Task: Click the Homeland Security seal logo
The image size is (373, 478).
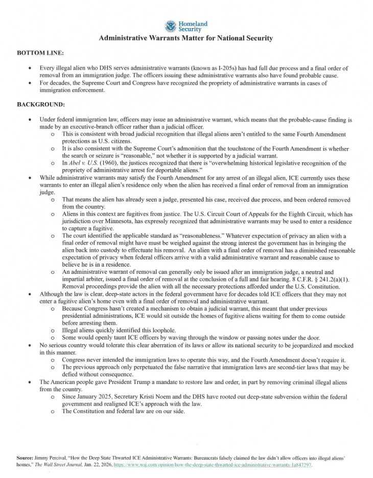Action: click(170, 26)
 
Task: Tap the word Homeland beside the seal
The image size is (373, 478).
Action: click(193, 23)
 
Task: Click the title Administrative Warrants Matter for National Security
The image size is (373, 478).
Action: click(186, 38)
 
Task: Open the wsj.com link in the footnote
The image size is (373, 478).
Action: click(230, 466)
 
